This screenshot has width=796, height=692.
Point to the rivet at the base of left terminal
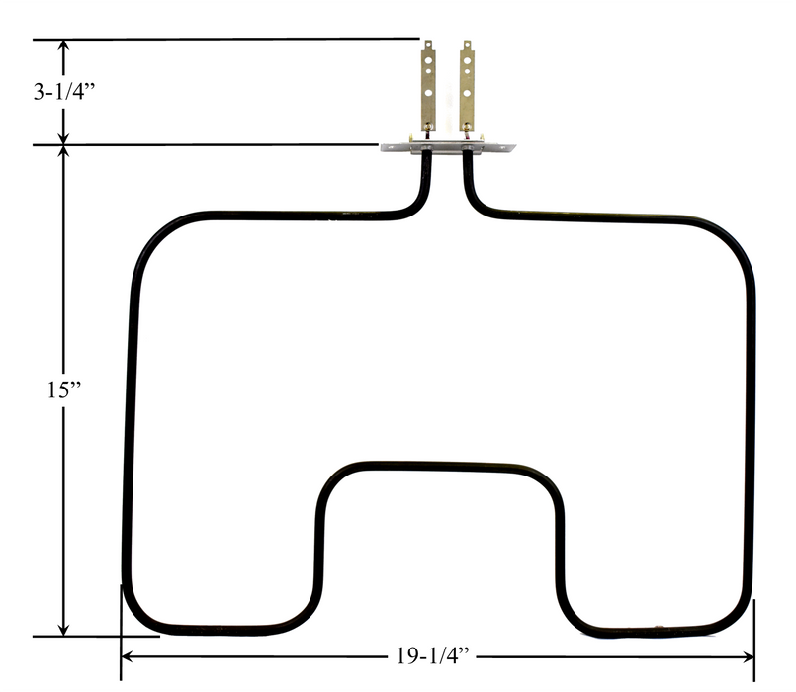[428, 127]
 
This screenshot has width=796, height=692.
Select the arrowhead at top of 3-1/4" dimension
[64, 47]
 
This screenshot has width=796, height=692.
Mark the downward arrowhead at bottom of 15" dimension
[64, 629]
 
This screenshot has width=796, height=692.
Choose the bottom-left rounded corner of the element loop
[138, 615]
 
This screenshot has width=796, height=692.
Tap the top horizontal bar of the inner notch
[435, 465]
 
